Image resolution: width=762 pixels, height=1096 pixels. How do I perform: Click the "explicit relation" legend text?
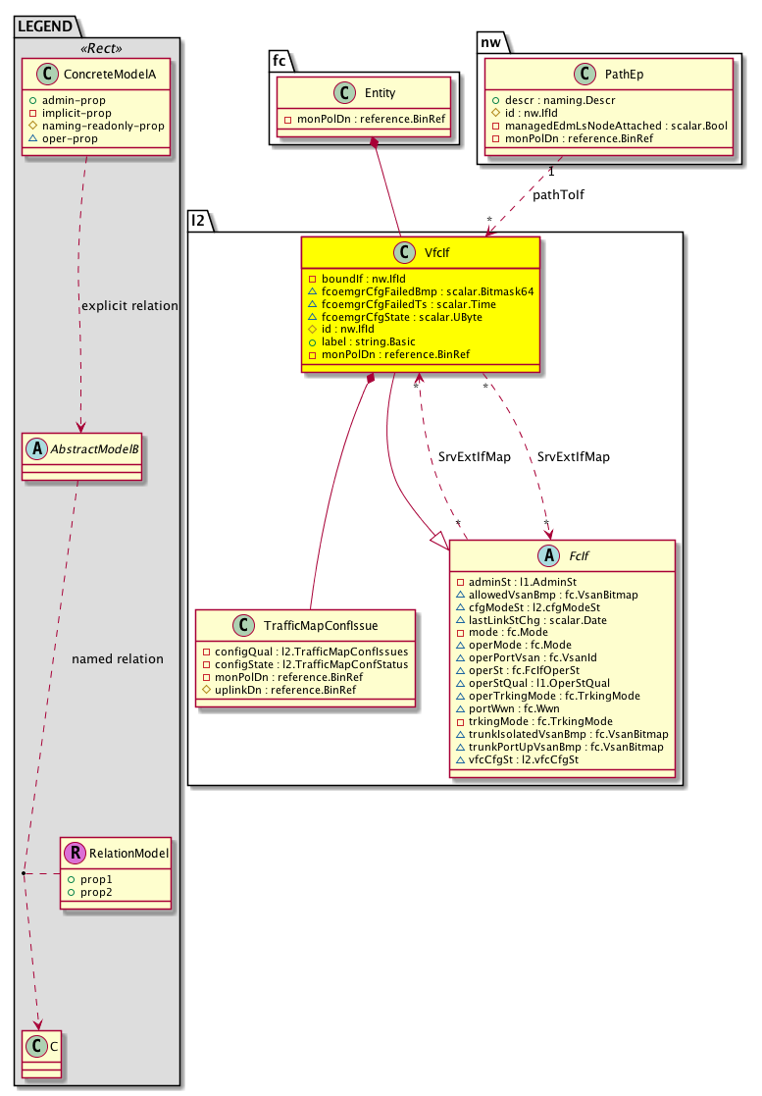click(x=128, y=305)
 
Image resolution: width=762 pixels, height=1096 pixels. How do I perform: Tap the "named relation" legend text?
click(x=118, y=658)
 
